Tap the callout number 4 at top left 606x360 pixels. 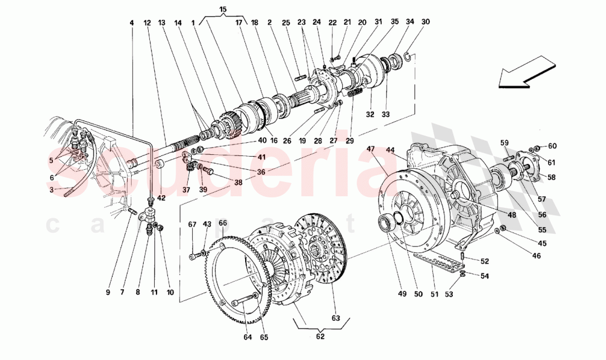(x=132, y=23)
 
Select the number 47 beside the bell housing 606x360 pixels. (x=371, y=149)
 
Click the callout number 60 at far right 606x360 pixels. (x=552, y=146)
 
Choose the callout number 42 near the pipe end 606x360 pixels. (x=160, y=198)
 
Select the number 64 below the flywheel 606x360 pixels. (x=246, y=337)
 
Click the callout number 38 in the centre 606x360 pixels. (x=238, y=182)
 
